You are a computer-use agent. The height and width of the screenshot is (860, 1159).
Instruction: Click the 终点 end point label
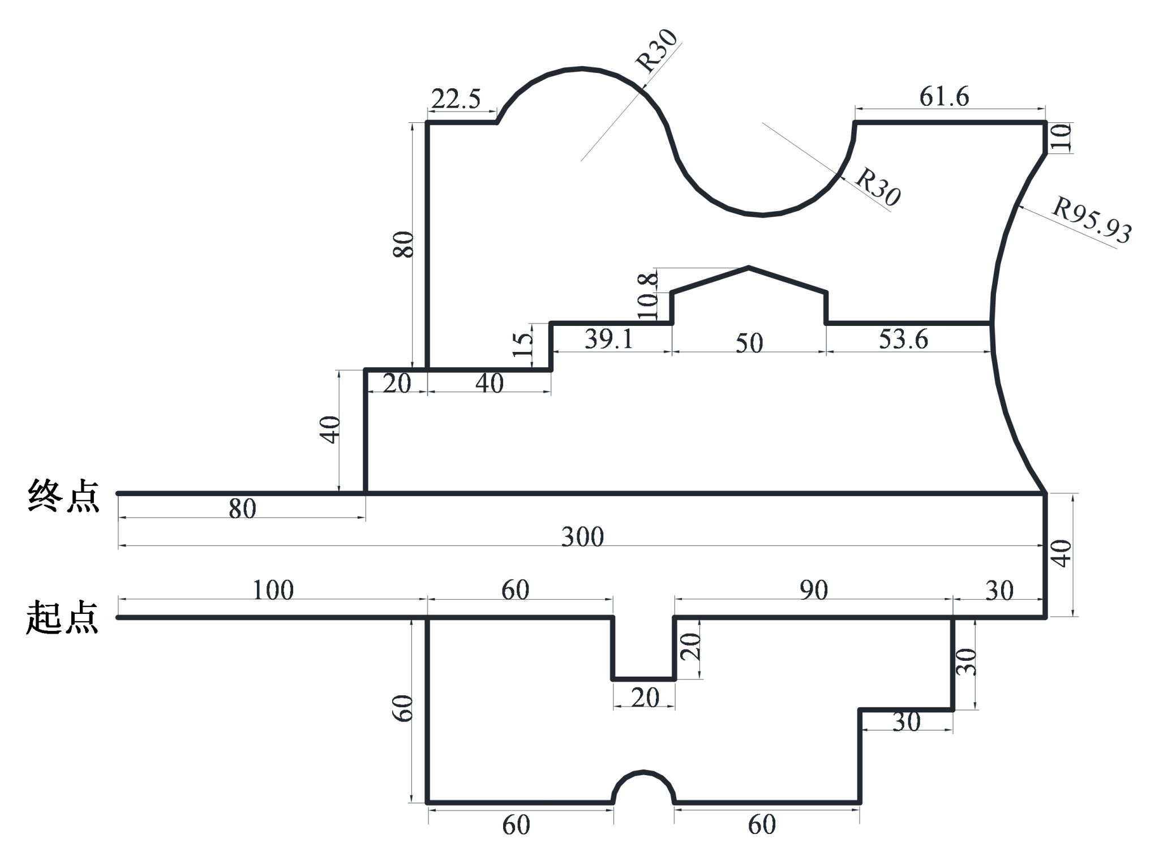[63, 496]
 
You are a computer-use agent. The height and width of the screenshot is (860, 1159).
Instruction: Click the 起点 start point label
[62, 618]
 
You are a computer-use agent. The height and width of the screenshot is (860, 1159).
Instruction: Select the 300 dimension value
[582, 536]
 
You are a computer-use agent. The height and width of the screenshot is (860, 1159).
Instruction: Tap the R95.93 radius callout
[1091, 220]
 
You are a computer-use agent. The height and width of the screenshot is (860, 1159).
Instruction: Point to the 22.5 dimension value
[456, 100]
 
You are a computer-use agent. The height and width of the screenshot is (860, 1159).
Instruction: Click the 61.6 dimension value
[943, 97]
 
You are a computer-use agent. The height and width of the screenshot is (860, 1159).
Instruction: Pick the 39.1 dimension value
[608, 339]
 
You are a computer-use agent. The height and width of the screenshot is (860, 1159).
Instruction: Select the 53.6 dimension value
[903, 339]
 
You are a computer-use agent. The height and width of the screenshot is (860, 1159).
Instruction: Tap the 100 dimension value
[273, 591]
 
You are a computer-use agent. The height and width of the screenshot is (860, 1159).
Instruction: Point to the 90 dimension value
[813, 591]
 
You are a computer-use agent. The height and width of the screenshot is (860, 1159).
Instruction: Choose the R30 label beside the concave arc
[877, 187]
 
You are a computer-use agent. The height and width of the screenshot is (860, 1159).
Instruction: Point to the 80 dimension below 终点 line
[242, 509]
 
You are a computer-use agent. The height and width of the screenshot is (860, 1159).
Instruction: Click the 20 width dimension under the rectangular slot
[645, 698]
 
